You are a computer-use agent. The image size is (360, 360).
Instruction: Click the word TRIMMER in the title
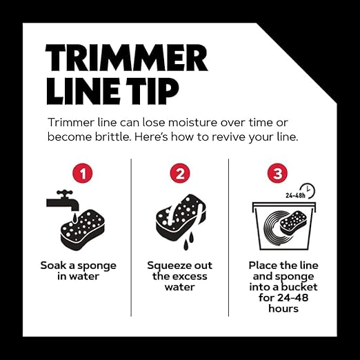127,57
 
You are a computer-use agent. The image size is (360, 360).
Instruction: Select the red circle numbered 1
83,173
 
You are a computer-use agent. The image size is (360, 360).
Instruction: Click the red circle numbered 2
180,173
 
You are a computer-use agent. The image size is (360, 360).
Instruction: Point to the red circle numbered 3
277,173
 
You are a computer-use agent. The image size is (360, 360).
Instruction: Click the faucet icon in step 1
63,201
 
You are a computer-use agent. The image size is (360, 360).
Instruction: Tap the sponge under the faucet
83,230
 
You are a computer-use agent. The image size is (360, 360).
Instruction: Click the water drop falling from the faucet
74,218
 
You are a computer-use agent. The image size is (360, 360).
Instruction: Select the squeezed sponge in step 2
181,217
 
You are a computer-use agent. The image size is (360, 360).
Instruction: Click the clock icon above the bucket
308,190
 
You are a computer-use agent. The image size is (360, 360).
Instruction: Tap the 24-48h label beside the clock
295,195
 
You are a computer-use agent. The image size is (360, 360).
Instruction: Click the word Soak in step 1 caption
53,266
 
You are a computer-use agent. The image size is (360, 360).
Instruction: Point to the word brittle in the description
112,137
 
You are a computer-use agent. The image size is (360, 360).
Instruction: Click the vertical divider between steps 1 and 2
131,237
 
